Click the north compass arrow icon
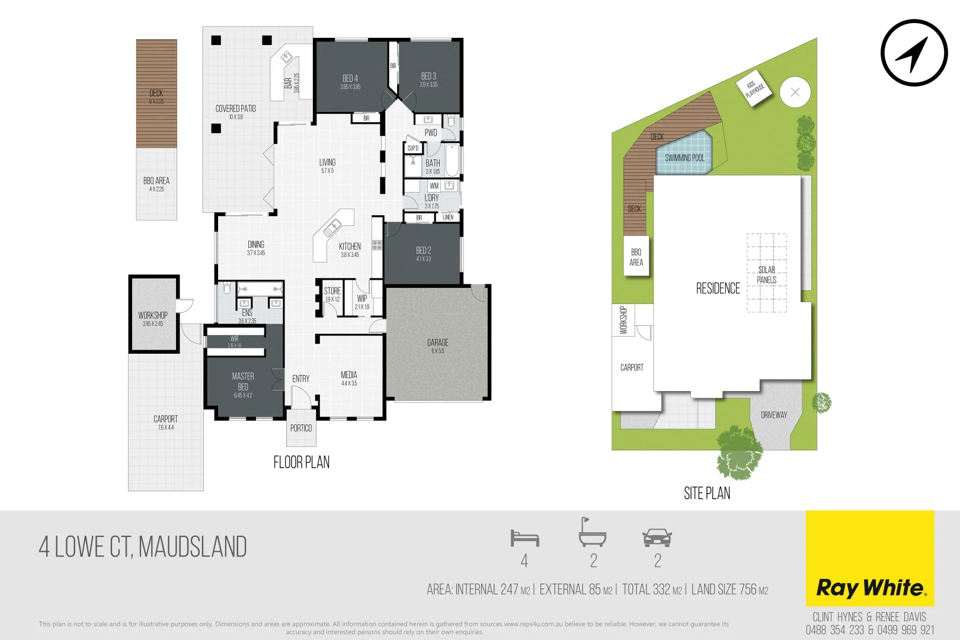[x=913, y=53]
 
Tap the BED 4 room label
[x=350, y=79]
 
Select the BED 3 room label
[x=428, y=76]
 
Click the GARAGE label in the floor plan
[x=437, y=343]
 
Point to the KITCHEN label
[x=350, y=247]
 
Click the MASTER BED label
[x=243, y=382]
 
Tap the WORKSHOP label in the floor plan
[x=153, y=315]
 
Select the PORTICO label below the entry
[x=301, y=428]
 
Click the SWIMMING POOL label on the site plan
[x=684, y=158]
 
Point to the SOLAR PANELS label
[x=766, y=274]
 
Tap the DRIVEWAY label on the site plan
[x=774, y=415]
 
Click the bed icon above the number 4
[x=524, y=538]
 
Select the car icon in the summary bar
[x=657, y=537]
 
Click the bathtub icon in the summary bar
[x=592, y=533]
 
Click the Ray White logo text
[x=870, y=588]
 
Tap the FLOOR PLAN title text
[x=301, y=462]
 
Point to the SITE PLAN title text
[x=707, y=493]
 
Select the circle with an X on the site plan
[x=795, y=92]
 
